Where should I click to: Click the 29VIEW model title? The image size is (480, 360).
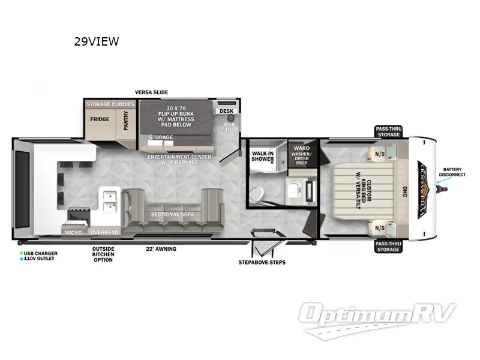click(x=96, y=41)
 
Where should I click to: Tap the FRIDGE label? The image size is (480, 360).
click(x=100, y=119)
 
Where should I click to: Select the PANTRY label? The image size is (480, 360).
click(x=126, y=117)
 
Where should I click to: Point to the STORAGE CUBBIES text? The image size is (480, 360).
click(x=110, y=104)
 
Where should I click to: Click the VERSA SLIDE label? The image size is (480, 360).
click(x=151, y=92)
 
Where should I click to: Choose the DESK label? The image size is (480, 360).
click(x=226, y=111)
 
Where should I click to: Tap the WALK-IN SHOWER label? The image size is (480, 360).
click(x=263, y=157)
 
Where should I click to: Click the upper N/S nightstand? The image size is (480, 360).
click(x=379, y=153)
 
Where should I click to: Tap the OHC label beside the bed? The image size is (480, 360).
click(x=404, y=191)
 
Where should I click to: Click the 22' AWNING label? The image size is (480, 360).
click(x=161, y=248)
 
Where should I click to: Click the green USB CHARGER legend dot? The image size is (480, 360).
click(x=21, y=254)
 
